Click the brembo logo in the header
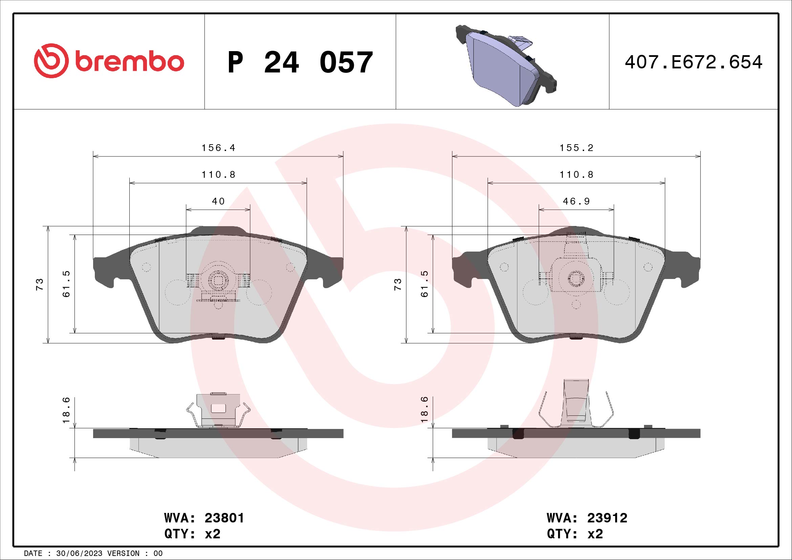tap(109, 61)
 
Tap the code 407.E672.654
tap(693, 62)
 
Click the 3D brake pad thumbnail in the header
tap(506, 66)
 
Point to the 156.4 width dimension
tap(218, 148)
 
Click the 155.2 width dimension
tap(576, 148)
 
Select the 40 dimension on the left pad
tap(218, 201)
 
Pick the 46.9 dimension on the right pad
tap(576, 201)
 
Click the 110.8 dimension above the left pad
tap(218, 175)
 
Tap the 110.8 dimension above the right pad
tap(576, 175)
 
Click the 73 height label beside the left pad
tap(40, 284)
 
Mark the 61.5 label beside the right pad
tap(424, 284)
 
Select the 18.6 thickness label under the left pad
tap(66, 410)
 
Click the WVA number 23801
tap(224, 518)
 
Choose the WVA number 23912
tap(607, 518)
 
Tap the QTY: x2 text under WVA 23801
tap(192, 534)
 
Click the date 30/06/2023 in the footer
tap(79, 554)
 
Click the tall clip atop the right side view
tap(576, 402)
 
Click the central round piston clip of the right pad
tap(576, 278)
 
